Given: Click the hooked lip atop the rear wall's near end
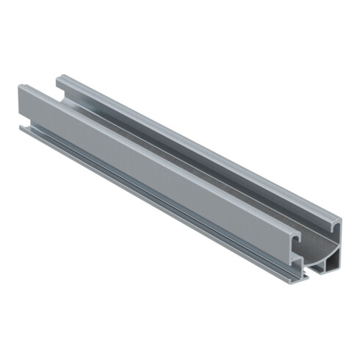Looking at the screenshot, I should tap(334, 221).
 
